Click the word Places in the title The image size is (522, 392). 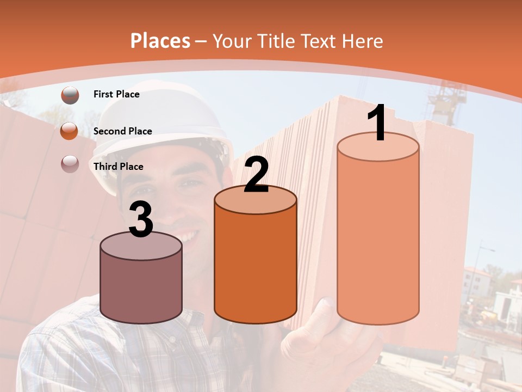[x=160, y=41]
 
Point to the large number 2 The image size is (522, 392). [x=256, y=175]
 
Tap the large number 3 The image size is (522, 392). [x=141, y=220]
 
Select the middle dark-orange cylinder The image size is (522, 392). [x=256, y=267]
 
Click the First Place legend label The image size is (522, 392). [x=116, y=94]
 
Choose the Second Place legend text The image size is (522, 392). [x=122, y=131]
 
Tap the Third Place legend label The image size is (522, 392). [x=119, y=167]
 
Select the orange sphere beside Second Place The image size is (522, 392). [x=70, y=131]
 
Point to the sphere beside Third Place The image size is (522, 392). [x=70, y=163]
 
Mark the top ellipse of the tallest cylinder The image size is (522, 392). [x=378, y=147]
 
